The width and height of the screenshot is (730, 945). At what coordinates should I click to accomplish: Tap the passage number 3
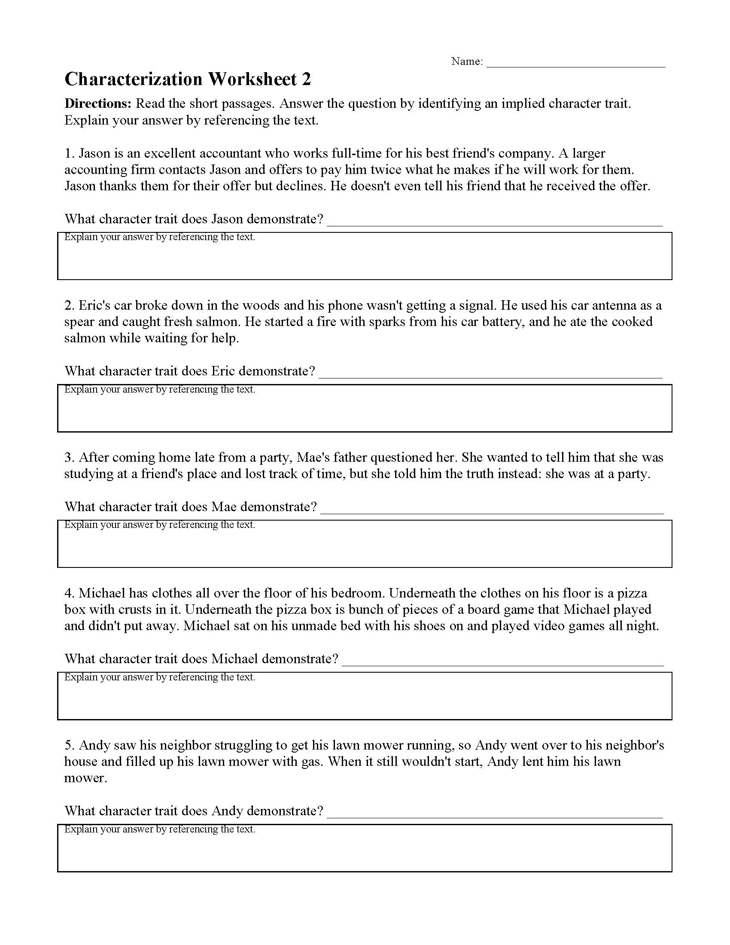[69, 458]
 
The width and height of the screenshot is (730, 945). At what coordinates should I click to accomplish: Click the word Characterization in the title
[133, 79]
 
